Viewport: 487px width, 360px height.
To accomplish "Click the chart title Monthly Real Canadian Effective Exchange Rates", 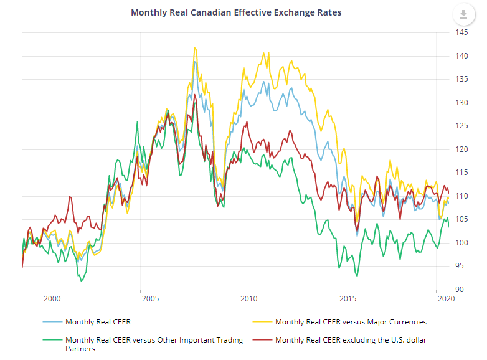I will (x=236, y=12).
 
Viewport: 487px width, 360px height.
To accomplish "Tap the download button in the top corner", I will (x=463, y=14).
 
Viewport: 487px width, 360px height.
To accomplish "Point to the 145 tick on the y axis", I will (x=461, y=32).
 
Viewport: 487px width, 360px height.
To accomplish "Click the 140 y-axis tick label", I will (x=461, y=56).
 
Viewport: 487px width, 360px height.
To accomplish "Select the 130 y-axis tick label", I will (x=461, y=103).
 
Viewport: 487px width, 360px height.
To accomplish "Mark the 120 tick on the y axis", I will (x=461, y=149).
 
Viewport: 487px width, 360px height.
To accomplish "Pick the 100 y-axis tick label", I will (x=461, y=243).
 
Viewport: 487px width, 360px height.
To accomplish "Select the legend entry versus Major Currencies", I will (x=351, y=322).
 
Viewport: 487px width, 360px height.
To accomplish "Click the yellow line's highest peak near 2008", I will (x=195, y=47).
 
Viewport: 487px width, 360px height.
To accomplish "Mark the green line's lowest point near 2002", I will (x=82, y=282).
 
